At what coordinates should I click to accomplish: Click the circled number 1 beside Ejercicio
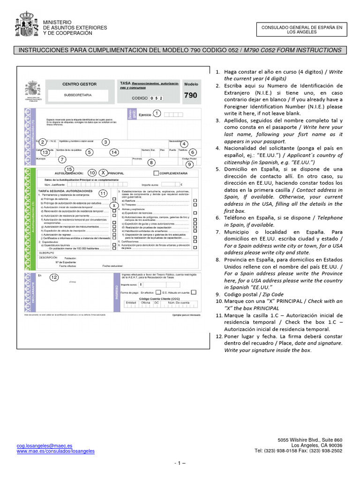point(157,113)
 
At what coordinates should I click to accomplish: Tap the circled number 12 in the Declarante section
point(54,277)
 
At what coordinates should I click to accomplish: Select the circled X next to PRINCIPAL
point(104,172)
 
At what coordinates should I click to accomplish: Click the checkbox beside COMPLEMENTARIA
point(156,173)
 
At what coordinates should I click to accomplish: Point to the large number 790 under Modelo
point(190,95)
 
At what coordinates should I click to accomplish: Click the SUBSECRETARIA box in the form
point(78,95)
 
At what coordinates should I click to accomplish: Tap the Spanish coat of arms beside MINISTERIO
point(27,26)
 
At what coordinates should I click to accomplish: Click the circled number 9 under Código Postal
point(189,164)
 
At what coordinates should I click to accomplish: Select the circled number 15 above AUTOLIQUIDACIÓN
point(69,169)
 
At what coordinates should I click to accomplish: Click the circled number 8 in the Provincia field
point(151,163)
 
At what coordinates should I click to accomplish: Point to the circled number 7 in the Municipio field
point(62,159)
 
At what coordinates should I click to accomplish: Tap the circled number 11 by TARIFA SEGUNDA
point(103,193)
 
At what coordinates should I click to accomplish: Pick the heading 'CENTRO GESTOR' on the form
point(79,84)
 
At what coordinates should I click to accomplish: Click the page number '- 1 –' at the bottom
point(180,463)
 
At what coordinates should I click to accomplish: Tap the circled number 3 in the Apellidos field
point(106,142)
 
